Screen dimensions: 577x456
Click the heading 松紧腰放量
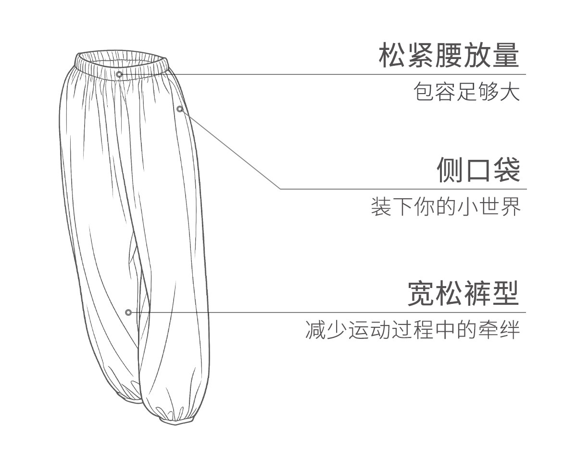pos(449,57)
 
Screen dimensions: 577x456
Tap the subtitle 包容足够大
pos(467,92)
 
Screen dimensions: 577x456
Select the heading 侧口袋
pos(478,170)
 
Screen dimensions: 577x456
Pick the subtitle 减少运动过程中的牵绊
pos(413,330)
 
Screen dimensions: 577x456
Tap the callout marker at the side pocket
pos(180,109)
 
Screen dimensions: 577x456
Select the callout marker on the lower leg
pos(128,312)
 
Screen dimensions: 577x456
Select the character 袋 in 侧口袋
pos(506,170)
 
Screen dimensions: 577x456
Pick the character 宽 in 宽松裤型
pos(421,294)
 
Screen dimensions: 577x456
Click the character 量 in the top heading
pos(506,57)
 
